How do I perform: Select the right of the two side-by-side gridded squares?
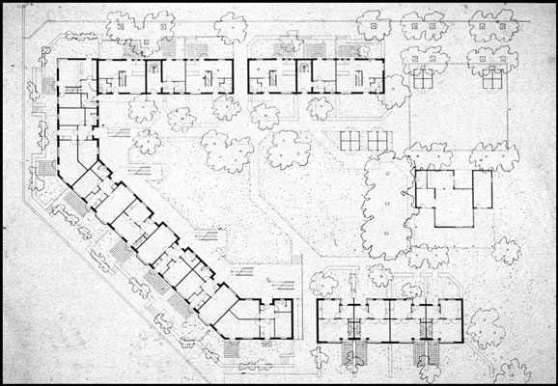click(x=378, y=138)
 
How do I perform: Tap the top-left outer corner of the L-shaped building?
click(x=59, y=59)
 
